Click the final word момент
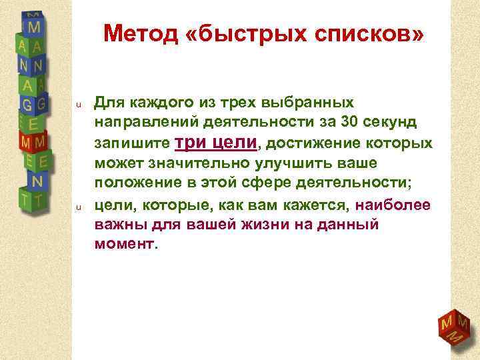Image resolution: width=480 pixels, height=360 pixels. tap(124, 245)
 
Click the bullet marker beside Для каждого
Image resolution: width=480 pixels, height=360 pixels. tap(78, 104)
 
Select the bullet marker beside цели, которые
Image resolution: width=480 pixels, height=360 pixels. tap(78, 207)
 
